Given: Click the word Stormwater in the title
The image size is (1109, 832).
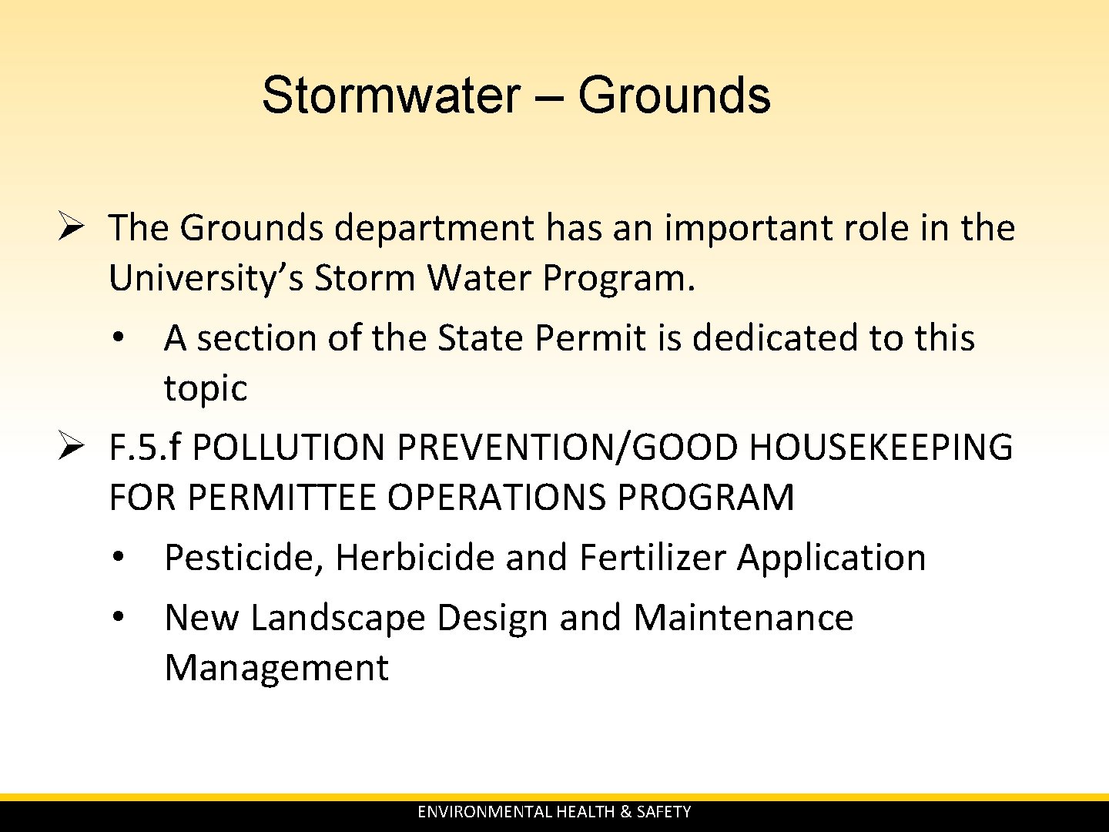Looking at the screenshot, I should tap(390, 96).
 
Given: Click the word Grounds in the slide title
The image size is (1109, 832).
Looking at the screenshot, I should tap(674, 96).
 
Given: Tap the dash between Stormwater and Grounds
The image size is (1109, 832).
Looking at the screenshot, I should tap(548, 99).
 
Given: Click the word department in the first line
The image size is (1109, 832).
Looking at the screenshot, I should tap(434, 229).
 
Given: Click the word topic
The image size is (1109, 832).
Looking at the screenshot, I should tap(206, 389).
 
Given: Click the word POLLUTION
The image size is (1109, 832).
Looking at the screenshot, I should tap(288, 448).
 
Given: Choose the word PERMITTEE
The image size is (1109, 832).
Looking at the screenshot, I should tap(283, 498).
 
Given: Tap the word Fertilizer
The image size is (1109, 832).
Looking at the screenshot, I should tap(652, 558).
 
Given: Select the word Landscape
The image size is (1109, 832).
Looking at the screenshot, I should tap(337, 618).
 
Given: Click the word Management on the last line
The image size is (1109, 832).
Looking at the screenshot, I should tap(276, 668).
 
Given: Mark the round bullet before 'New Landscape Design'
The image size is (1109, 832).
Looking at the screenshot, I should tap(118, 617).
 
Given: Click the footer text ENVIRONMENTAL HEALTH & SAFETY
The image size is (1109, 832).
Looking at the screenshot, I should tap(554, 812).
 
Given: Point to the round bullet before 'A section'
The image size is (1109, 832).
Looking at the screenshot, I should tap(118, 338).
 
